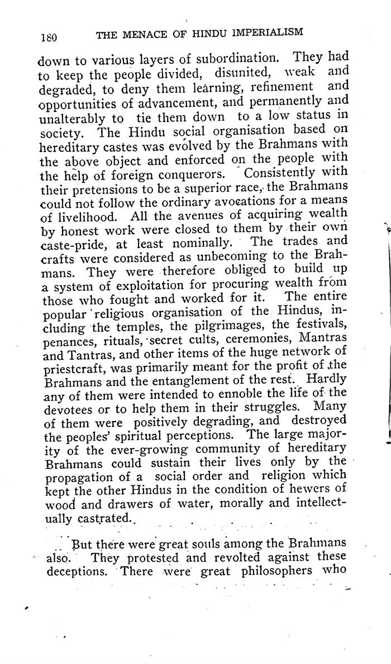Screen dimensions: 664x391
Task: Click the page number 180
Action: point(50,37)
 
